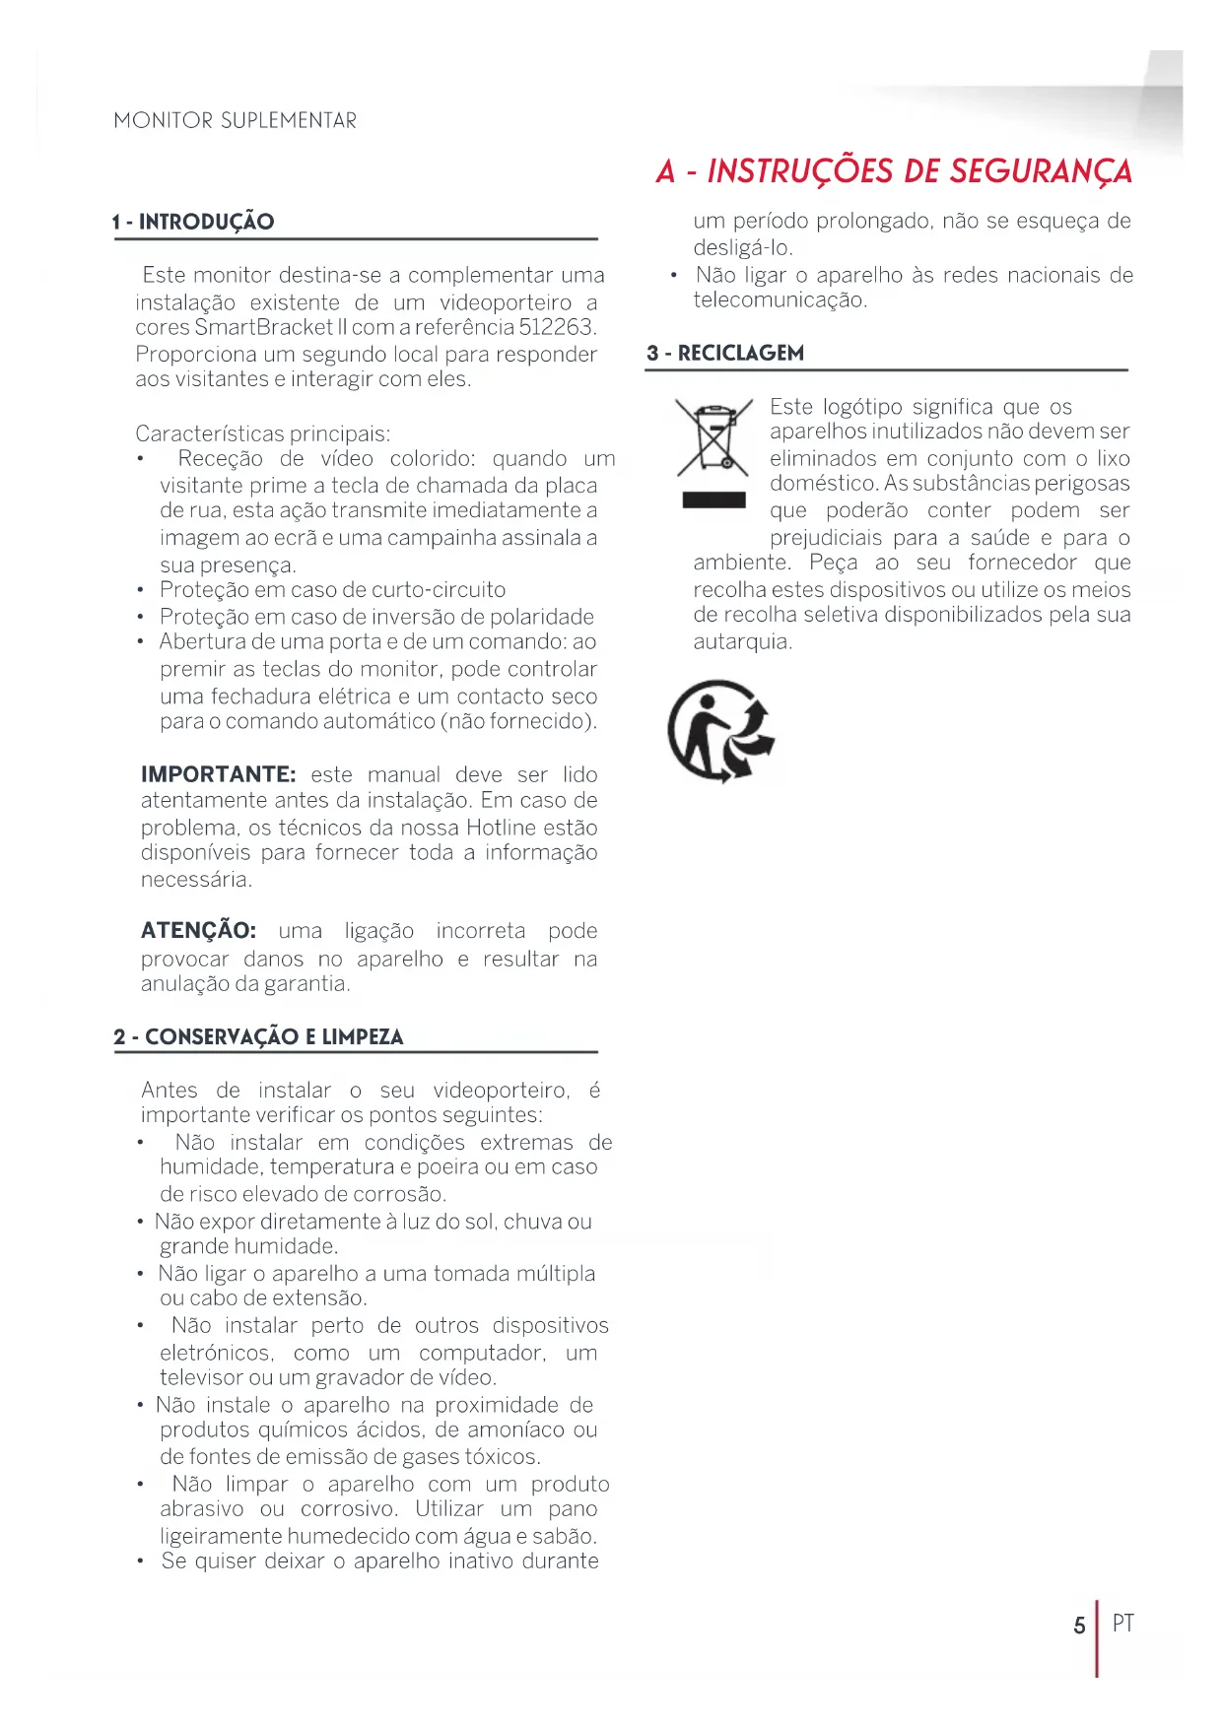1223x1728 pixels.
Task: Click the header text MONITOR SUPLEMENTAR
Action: [235, 120]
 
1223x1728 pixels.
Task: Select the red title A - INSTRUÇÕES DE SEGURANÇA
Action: [894, 171]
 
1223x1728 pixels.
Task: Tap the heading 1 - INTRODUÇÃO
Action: [193, 222]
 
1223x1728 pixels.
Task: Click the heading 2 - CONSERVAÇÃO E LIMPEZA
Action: [258, 1036]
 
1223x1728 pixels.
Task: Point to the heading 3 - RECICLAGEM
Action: [725, 353]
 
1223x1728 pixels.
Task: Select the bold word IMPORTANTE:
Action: [218, 774]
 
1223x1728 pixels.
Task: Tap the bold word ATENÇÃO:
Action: [198, 931]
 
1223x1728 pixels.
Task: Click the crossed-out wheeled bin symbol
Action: [713, 436]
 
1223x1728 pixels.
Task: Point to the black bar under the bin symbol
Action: [713, 499]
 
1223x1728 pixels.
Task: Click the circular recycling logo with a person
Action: [720, 731]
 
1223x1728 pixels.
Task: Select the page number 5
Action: [1079, 1625]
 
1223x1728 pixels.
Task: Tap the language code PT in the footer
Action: [1122, 1623]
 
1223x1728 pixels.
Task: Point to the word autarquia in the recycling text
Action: [741, 642]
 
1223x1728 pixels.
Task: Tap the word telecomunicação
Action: [780, 300]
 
